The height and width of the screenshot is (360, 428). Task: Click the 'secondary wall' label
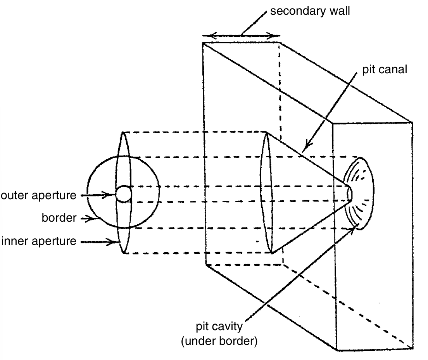tap(310, 11)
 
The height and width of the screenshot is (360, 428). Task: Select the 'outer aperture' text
tap(39, 196)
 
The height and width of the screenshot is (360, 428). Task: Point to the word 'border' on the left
tap(59, 218)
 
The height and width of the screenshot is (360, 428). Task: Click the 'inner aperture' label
tap(39, 241)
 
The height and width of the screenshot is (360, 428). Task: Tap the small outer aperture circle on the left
tap(124, 194)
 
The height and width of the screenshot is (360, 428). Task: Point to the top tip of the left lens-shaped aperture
tap(123, 133)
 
